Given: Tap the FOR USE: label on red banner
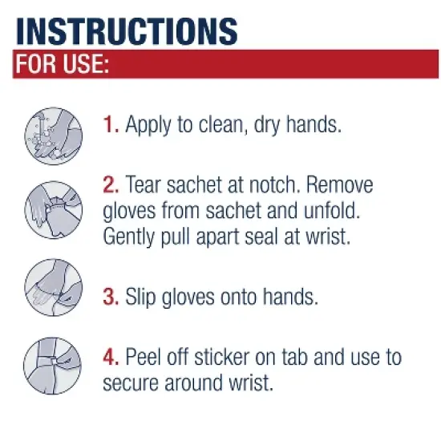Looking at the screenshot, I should (x=61, y=65).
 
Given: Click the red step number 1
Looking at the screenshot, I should (x=111, y=124).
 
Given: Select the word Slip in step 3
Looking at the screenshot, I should (x=144, y=297).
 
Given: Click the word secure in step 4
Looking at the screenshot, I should (x=134, y=383).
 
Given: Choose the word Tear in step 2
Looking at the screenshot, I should (x=144, y=186).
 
